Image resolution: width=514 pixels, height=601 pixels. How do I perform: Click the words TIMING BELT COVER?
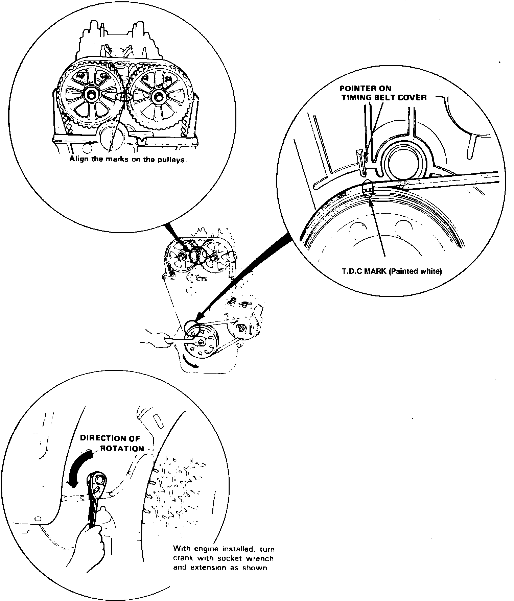384,98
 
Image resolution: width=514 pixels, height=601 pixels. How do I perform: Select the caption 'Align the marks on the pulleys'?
128,159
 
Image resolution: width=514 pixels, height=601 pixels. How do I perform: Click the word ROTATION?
122,449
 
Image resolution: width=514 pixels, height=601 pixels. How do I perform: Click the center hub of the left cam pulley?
91,96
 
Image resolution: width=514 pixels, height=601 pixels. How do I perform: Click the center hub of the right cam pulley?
157,96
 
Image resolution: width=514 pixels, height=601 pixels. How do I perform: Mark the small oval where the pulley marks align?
124,97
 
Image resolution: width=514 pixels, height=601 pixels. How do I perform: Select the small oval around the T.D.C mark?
368,188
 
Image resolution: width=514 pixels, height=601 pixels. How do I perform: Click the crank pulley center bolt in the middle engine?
201,342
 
